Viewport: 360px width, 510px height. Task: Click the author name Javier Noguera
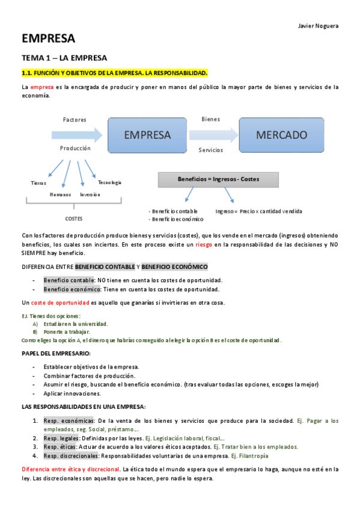318,26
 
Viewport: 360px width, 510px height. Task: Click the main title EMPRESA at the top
49,39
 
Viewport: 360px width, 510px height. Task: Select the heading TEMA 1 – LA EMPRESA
64,58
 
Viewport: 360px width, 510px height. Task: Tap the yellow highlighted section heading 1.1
114,73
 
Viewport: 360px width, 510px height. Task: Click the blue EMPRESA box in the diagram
147,135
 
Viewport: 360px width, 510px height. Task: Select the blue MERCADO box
281,135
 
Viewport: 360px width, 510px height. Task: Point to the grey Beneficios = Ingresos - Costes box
218,179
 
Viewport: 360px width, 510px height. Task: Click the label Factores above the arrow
75,120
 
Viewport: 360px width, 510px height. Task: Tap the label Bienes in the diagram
210,119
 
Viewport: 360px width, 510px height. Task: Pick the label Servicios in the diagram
210,150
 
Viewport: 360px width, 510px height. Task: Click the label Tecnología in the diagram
109,182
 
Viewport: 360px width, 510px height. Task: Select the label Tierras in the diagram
38,182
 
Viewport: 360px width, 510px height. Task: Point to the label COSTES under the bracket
74,218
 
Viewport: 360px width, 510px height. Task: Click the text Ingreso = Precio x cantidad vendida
258,211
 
